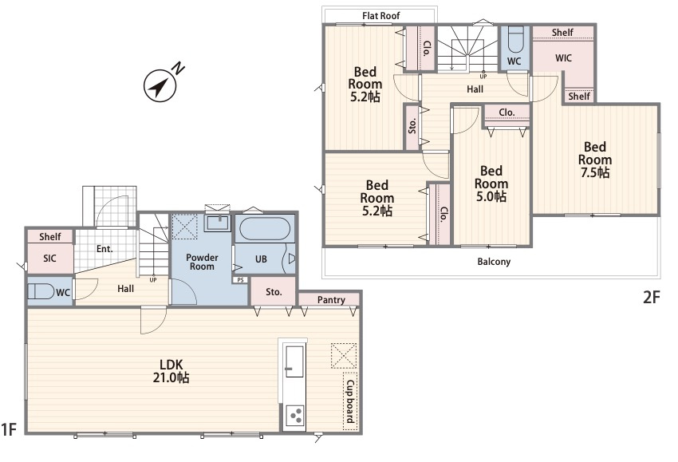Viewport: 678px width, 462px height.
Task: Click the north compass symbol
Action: point(160,85)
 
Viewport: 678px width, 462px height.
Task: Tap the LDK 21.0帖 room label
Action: point(171,371)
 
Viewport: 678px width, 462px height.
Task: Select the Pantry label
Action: point(331,300)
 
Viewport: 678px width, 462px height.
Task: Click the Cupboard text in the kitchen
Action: point(350,401)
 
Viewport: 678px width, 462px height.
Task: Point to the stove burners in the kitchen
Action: point(296,417)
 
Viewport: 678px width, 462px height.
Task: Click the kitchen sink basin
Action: point(295,361)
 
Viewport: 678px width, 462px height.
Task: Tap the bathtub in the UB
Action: point(264,228)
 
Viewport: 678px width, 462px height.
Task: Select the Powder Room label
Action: point(202,262)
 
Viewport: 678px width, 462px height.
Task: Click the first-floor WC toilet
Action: point(41,291)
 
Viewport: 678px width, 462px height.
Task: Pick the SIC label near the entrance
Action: point(49,259)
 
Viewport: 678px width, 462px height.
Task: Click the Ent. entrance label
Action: point(104,249)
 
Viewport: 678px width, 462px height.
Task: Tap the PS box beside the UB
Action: point(240,280)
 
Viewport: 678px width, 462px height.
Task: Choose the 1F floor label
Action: point(9,429)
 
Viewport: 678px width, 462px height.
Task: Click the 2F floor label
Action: point(652,297)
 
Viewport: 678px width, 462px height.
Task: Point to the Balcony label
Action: point(494,262)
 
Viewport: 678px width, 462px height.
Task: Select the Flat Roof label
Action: point(381,16)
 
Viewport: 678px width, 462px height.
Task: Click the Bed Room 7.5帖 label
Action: point(594,160)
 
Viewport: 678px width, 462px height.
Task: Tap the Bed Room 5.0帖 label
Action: point(491,184)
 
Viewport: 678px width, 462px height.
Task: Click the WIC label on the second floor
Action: point(563,58)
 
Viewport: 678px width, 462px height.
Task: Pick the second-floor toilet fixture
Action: point(515,39)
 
